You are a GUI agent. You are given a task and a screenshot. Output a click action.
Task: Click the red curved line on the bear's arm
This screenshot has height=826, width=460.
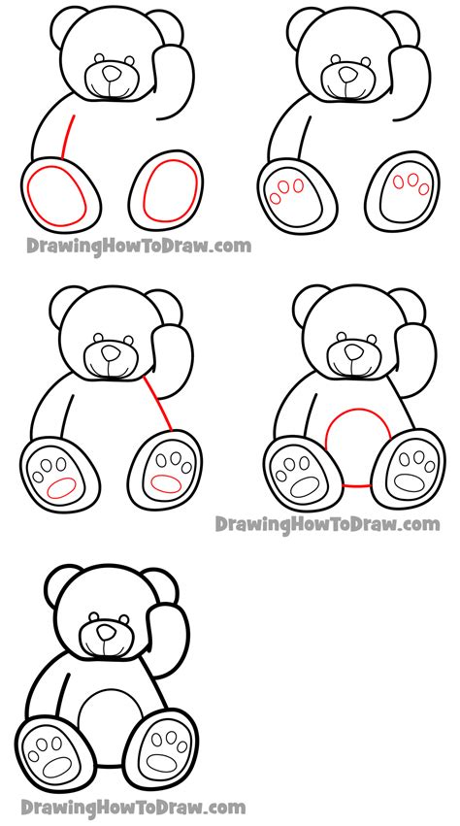coord(67,136)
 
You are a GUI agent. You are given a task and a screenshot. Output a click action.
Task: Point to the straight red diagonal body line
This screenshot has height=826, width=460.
coord(157,403)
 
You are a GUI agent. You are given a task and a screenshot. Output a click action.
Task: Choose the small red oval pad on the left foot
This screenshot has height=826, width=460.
coord(62,487)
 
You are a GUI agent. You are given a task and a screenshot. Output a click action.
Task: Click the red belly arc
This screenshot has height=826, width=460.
coord(358,410)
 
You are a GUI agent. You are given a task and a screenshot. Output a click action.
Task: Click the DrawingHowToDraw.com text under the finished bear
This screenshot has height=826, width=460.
coord(133,808)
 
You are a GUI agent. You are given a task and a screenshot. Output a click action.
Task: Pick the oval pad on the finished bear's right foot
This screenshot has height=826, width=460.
coord(160,761)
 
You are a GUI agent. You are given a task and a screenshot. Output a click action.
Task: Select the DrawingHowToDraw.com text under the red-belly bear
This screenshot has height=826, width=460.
coord(327,525)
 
